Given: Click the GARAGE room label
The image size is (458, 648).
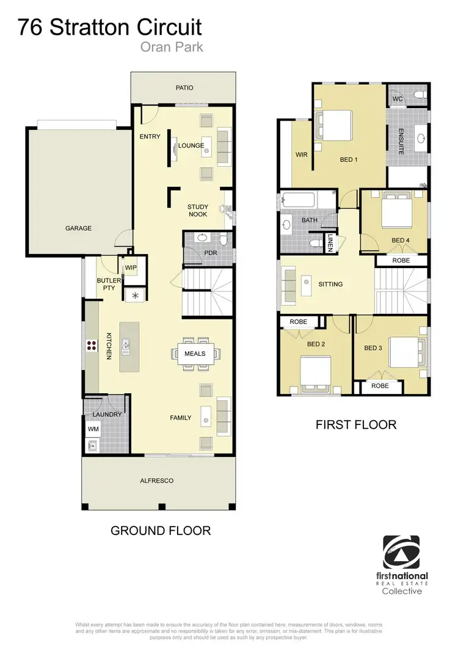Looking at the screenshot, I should tap(79, 228).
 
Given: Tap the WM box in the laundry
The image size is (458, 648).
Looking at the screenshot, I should tap(93, 429).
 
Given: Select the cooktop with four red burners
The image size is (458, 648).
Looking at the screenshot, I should tap(92, 346).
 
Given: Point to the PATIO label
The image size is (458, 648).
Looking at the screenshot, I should tap(184, 88).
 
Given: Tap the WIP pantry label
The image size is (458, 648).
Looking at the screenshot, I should tap(131, 268).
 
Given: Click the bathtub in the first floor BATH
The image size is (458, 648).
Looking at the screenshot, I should tap(298, 200).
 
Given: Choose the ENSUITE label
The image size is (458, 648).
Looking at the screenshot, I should tap(401, 141).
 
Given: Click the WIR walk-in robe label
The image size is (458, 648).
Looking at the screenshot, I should tap(302, 155).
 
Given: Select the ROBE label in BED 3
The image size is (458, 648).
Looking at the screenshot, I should tap(380, 386).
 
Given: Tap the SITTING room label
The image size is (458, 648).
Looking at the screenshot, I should tap(330, 284).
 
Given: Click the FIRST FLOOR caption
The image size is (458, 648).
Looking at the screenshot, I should tap(356, 424).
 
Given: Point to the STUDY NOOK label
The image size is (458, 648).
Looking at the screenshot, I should tap(197, 211).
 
